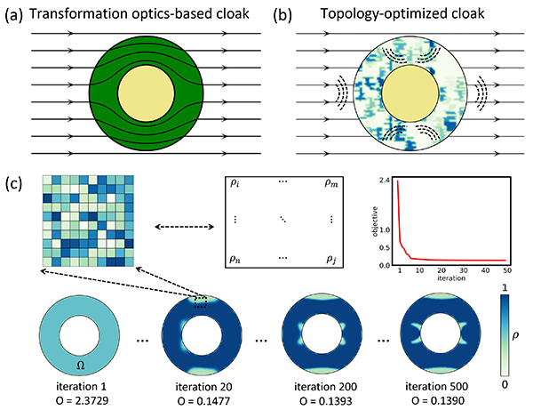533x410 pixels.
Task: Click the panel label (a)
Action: [15, 15]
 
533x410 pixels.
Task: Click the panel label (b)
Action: [282, 15]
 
